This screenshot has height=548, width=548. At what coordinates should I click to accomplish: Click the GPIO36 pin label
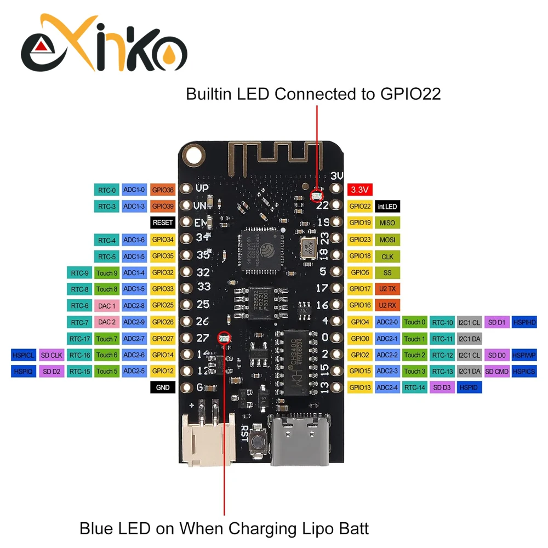point(162,190)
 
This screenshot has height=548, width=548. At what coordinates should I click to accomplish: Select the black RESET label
point(162,223)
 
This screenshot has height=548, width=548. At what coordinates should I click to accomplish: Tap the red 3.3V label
point(360,190)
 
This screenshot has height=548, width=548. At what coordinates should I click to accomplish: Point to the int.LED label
point(387,207)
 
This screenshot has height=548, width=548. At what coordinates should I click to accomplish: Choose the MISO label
point(387,223)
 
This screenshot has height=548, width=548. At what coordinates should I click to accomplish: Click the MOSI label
point(387,239)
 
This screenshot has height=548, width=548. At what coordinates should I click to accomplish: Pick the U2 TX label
point(387,289)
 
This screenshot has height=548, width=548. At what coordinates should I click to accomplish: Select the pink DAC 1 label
point(107,305)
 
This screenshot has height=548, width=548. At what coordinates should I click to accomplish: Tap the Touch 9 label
point(107,272)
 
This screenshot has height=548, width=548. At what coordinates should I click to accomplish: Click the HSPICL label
point(23,355)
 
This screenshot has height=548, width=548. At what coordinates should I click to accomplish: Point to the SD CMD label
point(496,371)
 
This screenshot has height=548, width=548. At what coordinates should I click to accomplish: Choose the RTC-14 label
point(414,388)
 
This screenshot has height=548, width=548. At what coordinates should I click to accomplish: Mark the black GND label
point(162,388)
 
